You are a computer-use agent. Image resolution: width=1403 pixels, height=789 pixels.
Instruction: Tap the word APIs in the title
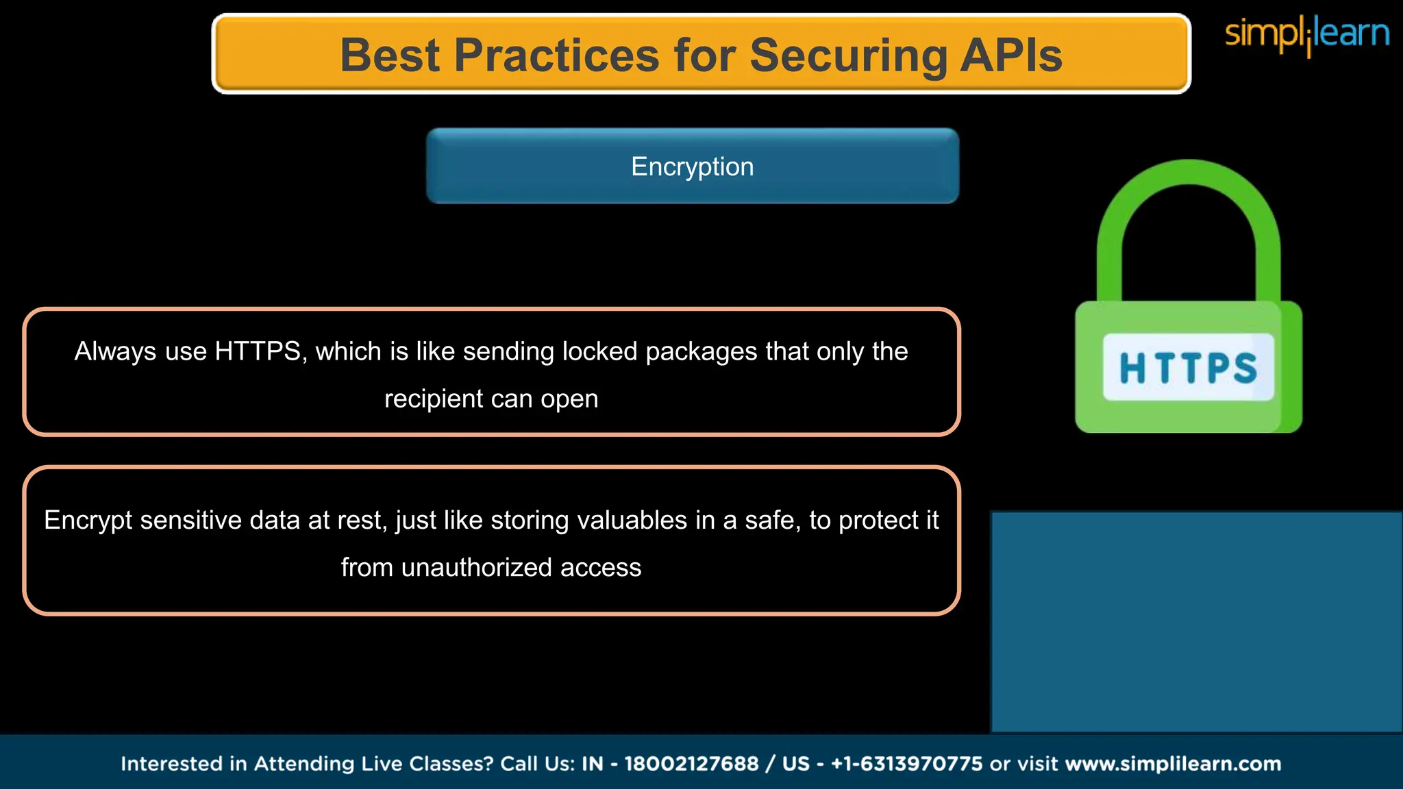coord(1011,55)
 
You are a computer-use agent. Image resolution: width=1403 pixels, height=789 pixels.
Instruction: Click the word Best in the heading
coord(390,55)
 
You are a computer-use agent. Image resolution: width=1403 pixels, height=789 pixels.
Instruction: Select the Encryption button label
coord(692,166)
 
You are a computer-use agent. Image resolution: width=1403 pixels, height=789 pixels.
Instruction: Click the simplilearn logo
coord(1306,34)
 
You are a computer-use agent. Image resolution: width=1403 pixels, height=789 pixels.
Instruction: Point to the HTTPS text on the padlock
coord(1188,368)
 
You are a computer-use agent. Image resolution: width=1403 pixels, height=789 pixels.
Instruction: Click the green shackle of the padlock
coord(1189,205)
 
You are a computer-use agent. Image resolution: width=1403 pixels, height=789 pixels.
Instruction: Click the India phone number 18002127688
coord(691,764)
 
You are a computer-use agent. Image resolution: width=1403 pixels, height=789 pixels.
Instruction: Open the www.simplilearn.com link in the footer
coord(1173,764)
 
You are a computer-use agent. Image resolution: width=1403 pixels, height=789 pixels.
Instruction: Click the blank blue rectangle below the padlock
coord(1196,622)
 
